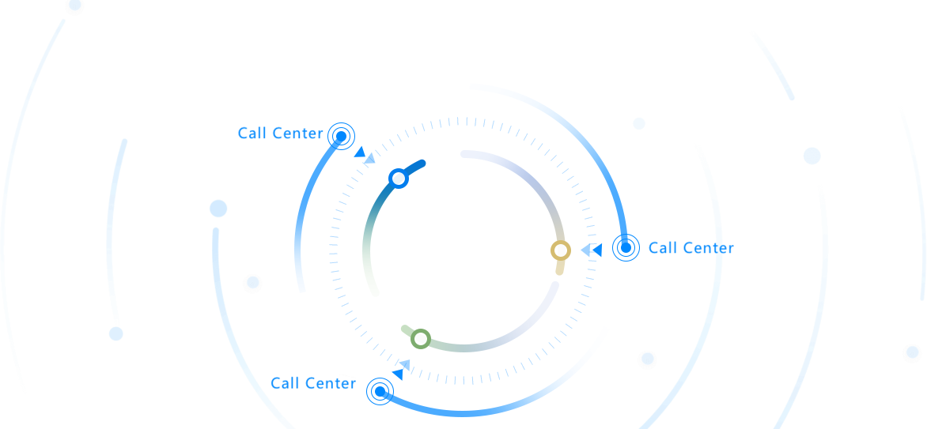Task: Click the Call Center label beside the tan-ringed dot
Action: pos(691,248)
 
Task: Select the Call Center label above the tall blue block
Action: pos(281,133)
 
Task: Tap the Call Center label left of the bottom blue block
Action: pos(313,383)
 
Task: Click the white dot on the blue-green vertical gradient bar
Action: pos(399,179)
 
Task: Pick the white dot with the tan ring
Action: pos(561,250)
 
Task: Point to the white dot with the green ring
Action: pos(421,339)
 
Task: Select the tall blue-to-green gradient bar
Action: pos(385,229)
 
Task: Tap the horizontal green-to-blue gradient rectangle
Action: pos(486,316)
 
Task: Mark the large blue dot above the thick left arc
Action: pos(218,209)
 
